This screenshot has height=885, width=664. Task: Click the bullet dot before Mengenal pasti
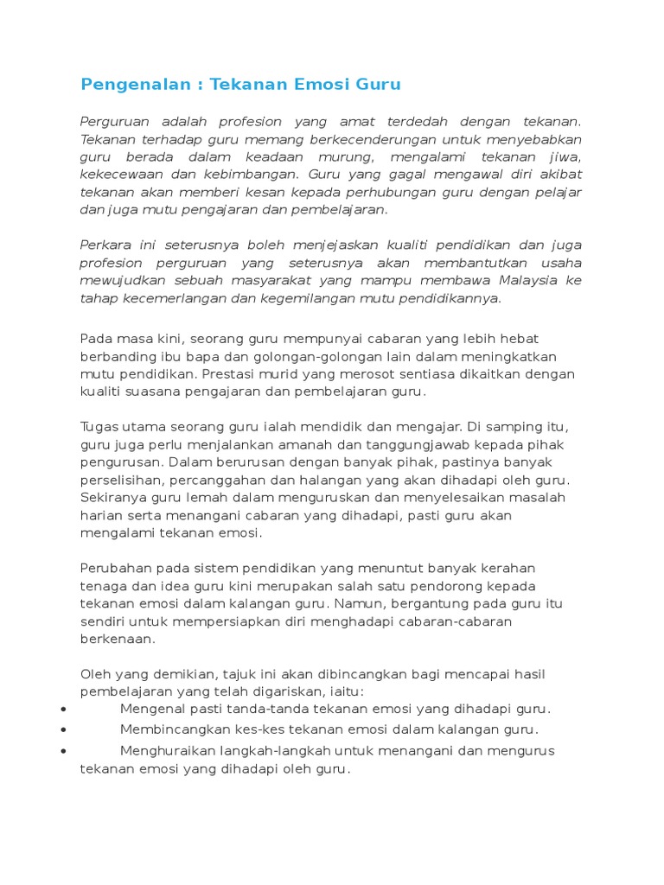[x=66, y=710]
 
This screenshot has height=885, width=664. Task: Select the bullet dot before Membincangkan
[x=66, y=729]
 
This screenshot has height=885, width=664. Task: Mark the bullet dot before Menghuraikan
[x=66, y=751]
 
